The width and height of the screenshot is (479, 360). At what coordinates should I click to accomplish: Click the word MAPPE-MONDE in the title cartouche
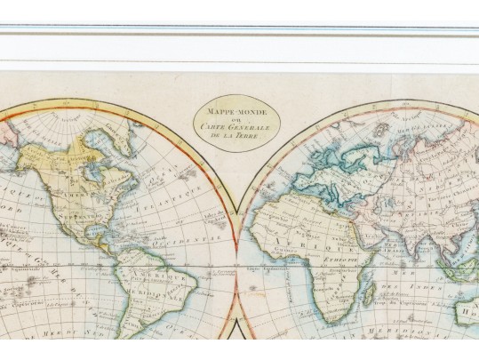[x=237, y=114]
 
